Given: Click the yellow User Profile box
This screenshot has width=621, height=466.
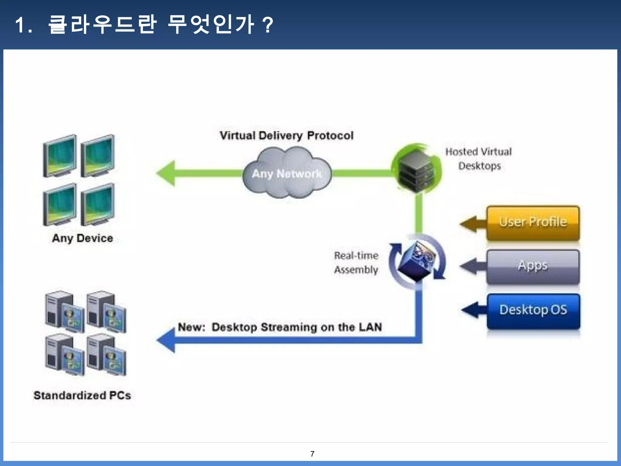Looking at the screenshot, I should (x=533, y=222).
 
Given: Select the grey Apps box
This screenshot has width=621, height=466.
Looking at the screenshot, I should (x=533, y=266).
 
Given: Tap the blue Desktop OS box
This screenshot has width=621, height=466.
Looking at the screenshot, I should (x=533, y=310).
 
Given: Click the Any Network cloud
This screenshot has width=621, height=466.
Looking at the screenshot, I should (x=287, y=173).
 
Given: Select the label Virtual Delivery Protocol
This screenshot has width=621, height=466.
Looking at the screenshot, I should (x=287, y=135).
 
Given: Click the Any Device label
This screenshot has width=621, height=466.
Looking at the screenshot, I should (x=82, y=238).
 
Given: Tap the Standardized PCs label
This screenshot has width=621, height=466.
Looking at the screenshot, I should (x=82, y=395).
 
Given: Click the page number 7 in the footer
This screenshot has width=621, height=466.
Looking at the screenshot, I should (x=312, y=454).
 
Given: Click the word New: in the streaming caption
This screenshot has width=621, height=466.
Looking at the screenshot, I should (x=191, y=327).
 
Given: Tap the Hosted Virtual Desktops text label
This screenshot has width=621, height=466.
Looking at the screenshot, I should (x=478, y=159).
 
